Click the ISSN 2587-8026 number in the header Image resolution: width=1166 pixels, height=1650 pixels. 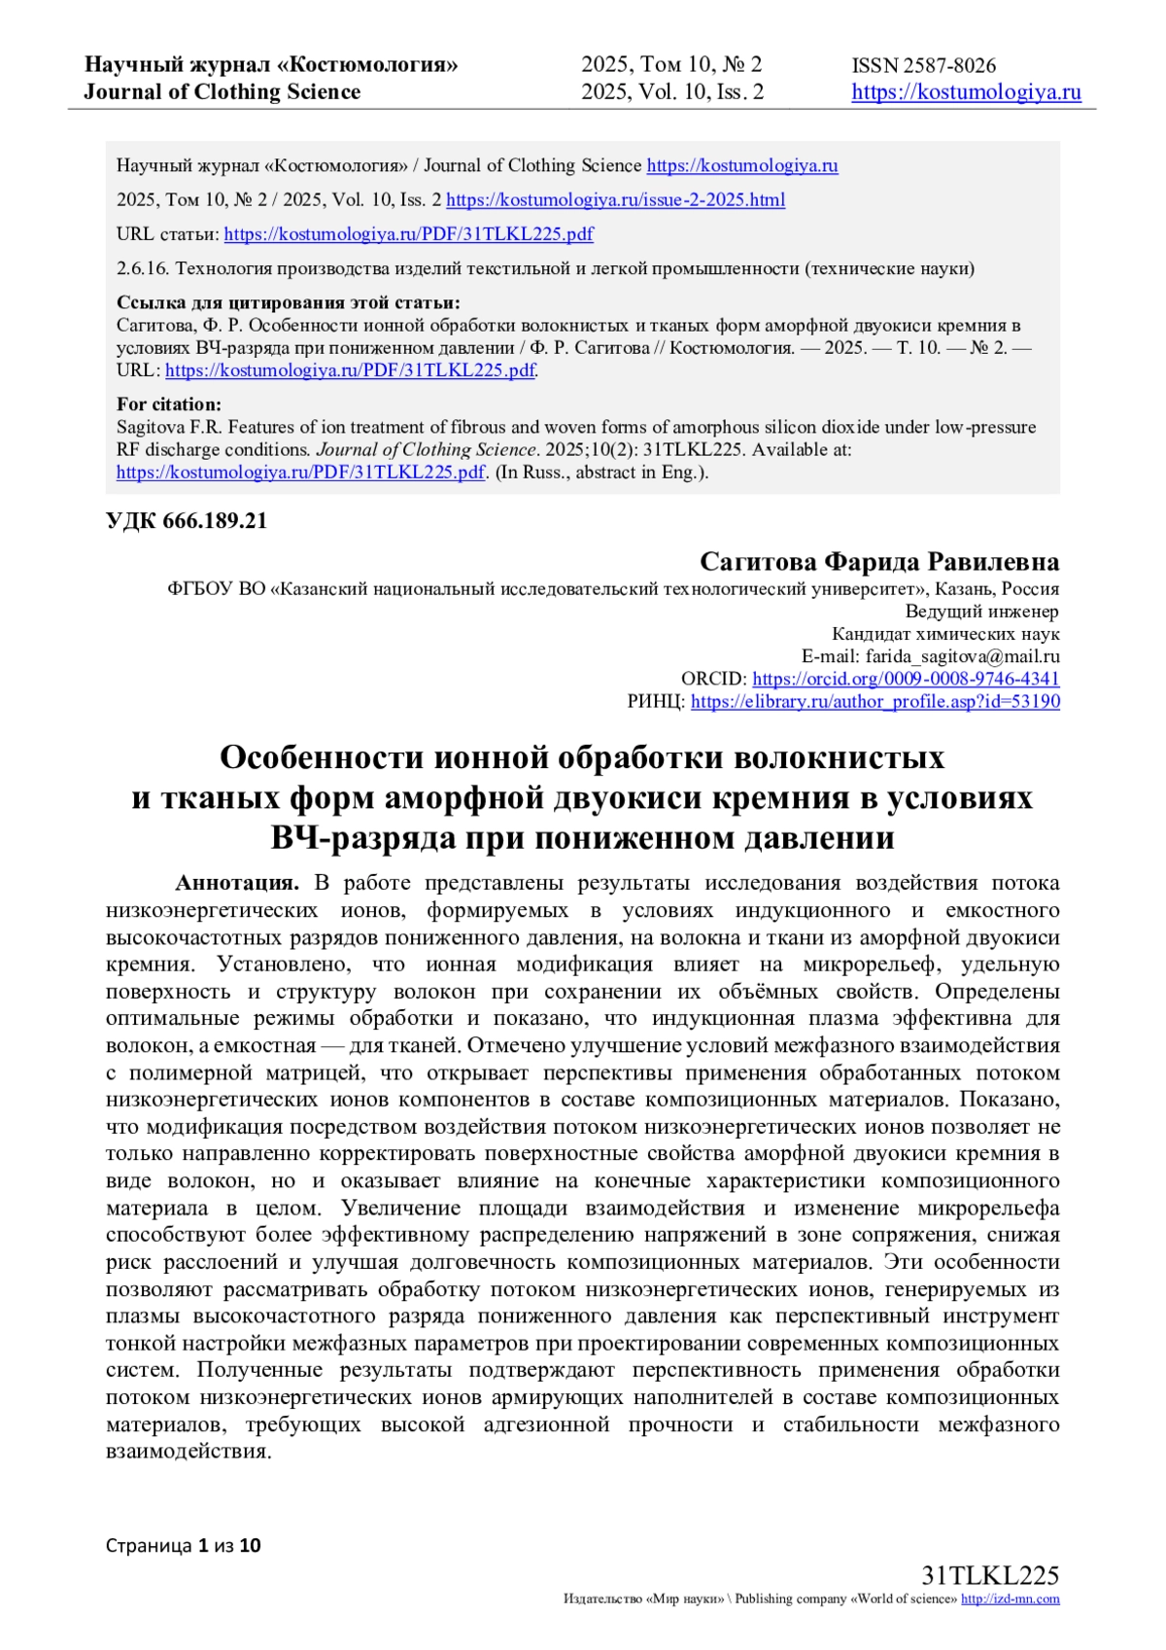(x=923, y=66)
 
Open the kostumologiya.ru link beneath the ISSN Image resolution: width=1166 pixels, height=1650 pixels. (x=966, y=92)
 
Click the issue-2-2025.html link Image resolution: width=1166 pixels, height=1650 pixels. (x=615, y=200)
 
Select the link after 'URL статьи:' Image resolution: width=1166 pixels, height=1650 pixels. (x=408, y=234)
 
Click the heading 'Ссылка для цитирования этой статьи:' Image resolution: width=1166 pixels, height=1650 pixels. (x=289, y=302)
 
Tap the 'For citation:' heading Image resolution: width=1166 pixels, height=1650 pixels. (x=169, y=404)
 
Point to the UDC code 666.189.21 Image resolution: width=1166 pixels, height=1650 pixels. (x=187, y=521)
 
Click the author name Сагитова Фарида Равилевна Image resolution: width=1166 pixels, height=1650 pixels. (x=879, y=562)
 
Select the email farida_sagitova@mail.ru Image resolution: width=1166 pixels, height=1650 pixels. (x=963, y=656)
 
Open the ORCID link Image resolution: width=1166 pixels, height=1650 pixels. (x=906, y=679)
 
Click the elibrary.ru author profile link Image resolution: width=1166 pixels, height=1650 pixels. (x=874, y=701)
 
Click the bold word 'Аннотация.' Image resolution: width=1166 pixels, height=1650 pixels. (x=237, y=883)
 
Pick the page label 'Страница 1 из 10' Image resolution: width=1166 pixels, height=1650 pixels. (x=184, y=1545)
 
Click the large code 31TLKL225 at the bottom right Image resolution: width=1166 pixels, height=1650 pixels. (x=989, y=1576)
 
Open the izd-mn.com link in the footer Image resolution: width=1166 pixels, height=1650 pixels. (x=1010, y=1598)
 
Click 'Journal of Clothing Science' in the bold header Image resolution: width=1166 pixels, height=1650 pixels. (x=222, y=92)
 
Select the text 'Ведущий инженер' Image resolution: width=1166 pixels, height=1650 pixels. (x=981, y=612)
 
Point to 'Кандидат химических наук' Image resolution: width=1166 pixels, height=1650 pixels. (x=945, y=634)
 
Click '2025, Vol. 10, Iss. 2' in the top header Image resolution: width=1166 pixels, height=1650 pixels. (x=672, y=92)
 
